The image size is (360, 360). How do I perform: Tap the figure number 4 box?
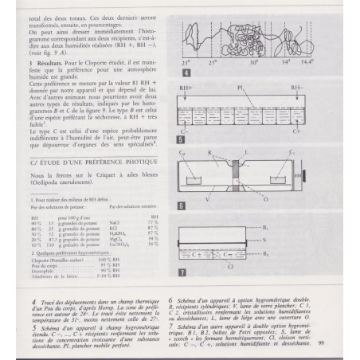(x=185, y=71)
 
